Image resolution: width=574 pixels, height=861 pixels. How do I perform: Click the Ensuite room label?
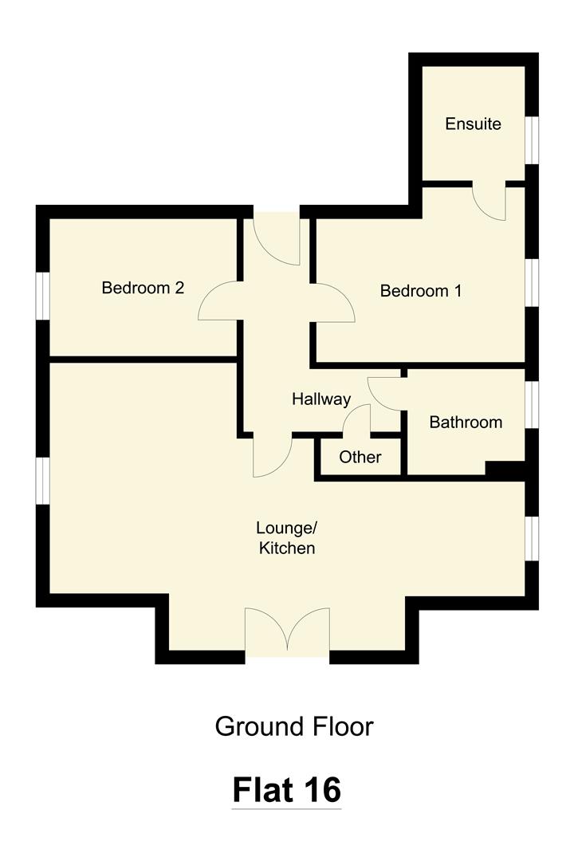coord(473,124)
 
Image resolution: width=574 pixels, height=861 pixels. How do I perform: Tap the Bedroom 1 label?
coord(420,291)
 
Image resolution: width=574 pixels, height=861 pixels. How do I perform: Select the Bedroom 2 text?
coord(143,288)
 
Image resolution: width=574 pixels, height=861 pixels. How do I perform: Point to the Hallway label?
coord(320,399)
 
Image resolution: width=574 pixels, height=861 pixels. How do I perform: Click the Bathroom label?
coord(466,423)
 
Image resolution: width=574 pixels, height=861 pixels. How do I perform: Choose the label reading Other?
coord(360,458)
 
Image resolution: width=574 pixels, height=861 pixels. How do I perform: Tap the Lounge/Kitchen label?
coord(286,538)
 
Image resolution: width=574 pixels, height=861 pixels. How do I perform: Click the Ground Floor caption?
coord(293,726)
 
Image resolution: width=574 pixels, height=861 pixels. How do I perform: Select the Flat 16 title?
coord(286,790)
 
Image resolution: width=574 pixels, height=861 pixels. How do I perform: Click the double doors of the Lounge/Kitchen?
coord(286,632)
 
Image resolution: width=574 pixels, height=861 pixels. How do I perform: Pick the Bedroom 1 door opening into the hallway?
coord(334,303)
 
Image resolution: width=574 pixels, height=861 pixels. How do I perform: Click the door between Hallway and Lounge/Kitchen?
coord(272,455)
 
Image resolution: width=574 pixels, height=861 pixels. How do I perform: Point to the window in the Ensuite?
coord(531,140)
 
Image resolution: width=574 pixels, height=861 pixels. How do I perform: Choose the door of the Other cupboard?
coord(358,420)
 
